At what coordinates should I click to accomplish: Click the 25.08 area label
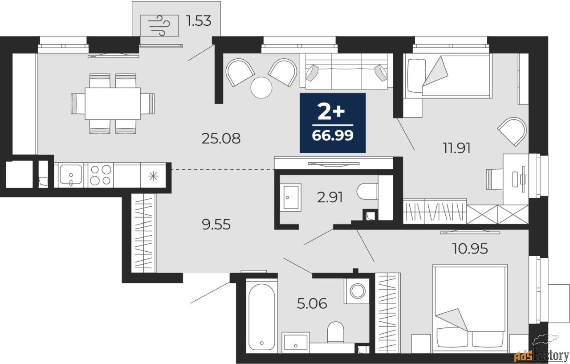click(x=221, y=139)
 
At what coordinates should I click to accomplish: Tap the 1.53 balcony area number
click(x=199, y=21)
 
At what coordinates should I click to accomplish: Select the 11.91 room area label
click(x=456, y=148)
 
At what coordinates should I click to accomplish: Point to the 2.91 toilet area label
click(x=330, y=197)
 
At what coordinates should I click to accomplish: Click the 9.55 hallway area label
click(x=216, y=225)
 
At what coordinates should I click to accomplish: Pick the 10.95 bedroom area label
click(x=470, y=249)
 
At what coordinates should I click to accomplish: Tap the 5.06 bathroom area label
click(x=312, y=304)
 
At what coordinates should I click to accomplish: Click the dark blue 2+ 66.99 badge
click(x=333, y=123)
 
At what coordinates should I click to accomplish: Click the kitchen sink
click(x=71, y=175)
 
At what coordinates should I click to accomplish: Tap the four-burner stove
click(x=101, y=175)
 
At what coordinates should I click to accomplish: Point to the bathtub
click(x=261, y=317)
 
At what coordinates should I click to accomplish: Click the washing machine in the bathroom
click(x=357, y=290)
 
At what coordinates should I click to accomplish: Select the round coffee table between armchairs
click(x=261, y=88)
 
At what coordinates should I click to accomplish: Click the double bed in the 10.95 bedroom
click(x=470, y=309)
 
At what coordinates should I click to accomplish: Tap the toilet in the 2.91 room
click(x=367, y=192)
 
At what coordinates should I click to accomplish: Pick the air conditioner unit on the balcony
click(x=159, y=26)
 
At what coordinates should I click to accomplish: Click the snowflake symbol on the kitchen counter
click(x=153, y=176)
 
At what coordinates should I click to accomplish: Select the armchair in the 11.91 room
click(x=513, y=131)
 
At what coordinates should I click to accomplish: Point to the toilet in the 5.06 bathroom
click(x=336, y=332)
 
